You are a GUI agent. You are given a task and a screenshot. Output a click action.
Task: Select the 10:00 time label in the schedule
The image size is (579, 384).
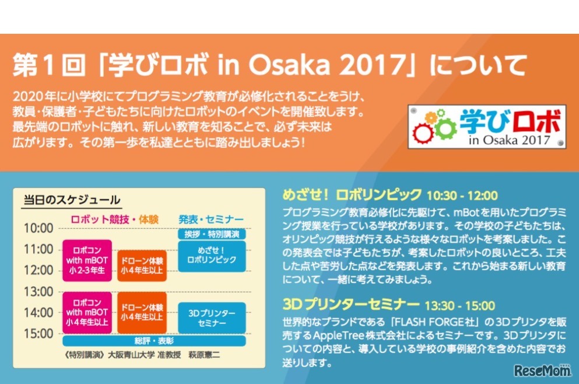pos(38,228)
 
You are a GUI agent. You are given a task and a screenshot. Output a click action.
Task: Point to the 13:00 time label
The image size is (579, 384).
pos(38,291)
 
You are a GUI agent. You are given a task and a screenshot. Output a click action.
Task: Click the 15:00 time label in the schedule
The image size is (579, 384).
pos(38,334)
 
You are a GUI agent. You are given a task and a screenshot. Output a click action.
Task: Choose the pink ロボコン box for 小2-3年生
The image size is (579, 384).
pos(87,260)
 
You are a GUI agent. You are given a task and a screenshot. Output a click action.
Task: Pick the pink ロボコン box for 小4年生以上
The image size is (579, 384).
pos(87,313)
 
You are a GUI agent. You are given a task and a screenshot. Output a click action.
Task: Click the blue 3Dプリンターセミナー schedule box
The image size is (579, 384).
pos(212,318)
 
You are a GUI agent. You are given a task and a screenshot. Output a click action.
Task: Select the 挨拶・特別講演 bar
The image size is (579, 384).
pos(212,234)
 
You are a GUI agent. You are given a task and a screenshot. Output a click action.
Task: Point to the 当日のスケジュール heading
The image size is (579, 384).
pos(71,200)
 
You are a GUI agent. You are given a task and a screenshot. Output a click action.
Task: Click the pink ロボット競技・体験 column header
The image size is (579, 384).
pos(114,220)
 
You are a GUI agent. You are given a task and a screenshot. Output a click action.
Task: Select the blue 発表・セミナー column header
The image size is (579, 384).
pos(210,220)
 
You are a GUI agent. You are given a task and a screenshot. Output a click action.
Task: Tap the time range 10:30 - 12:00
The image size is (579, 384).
pos(462,195)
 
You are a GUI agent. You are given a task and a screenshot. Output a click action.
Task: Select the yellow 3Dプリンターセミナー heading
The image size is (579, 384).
pos(350,305)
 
